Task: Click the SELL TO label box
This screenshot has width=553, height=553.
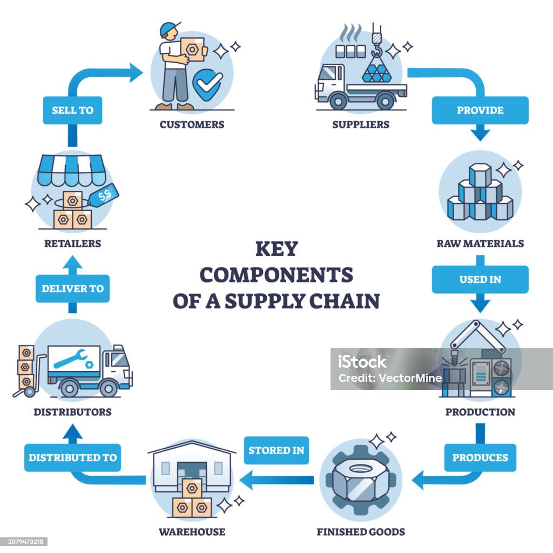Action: click(x=72, y=110)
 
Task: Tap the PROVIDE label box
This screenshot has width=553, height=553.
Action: click(x=480, y=110)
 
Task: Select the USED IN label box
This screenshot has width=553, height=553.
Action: click(x=480, y=279)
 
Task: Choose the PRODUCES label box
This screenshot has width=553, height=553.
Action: click(x=480, y=457)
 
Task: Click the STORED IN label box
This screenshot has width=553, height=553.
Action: click(x=276, y=450)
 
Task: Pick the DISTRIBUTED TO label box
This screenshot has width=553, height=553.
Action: click(x=72, y=457)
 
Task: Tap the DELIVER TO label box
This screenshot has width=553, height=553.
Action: click(x=72, y=288)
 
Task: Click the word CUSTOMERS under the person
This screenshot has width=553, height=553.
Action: click(x=192, y=125)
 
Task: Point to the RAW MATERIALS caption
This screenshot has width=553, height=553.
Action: click(x=480, y=244)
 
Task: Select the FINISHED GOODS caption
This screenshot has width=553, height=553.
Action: click(x=360, y=532)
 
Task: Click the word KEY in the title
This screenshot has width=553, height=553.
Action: click(x=276, y=249)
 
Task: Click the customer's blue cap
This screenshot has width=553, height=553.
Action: click(x=169, y=28)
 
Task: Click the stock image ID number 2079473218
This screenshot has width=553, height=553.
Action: click(x=24, y=541)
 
